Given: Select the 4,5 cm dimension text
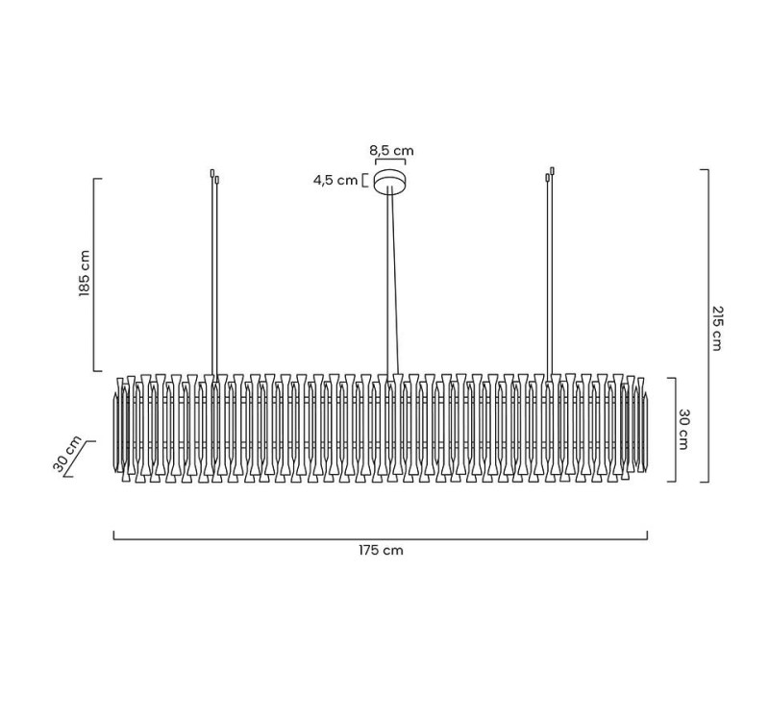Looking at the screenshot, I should click(335, 181).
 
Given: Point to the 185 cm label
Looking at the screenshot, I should click(85, 274).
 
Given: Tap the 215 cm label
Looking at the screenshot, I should click(717, 328).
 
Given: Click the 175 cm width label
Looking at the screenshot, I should click(381, 551).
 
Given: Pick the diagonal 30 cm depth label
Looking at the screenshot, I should click(68, 456).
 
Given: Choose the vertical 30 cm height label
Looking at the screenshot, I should click(684, 429).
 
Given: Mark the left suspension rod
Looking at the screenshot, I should click(214, 279).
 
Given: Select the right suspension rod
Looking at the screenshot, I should click(549, 279).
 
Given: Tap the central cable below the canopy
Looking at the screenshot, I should click(391, 279).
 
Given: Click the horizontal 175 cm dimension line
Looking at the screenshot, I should click(381, 538).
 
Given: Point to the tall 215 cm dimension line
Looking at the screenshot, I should click(707, 327).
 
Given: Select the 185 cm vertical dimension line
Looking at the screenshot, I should click(94, 274).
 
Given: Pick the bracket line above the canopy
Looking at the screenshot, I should click(390, 162).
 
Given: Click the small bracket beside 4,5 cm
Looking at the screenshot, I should click(364, 180).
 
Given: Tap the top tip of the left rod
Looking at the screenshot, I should click(212, 173).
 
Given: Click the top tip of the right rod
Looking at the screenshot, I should click(552, 171).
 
